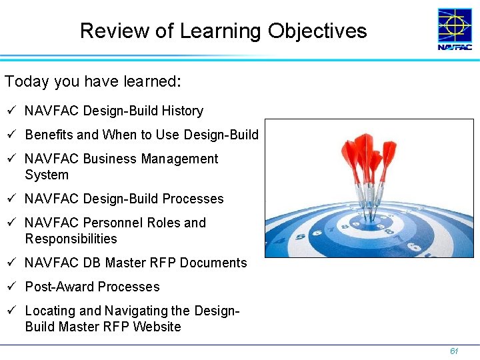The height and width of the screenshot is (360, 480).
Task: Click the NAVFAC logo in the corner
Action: coord(455,29)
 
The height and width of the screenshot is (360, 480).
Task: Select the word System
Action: coord(47,175)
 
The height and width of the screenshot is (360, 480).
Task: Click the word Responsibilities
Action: coord(71,239)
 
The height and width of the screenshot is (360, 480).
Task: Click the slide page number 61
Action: coord(454,351)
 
